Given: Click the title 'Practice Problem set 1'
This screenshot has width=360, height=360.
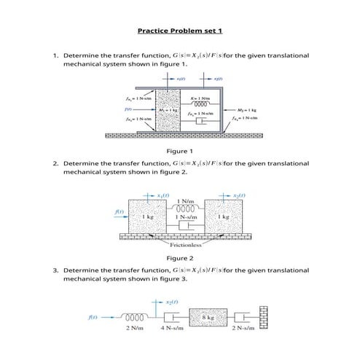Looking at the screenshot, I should [179, 31].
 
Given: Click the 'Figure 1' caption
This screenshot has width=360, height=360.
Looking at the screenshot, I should [180, 151].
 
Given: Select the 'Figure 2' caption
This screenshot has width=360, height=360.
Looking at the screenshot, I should [180, 258].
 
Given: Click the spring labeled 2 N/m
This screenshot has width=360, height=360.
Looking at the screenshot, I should [135, 318].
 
